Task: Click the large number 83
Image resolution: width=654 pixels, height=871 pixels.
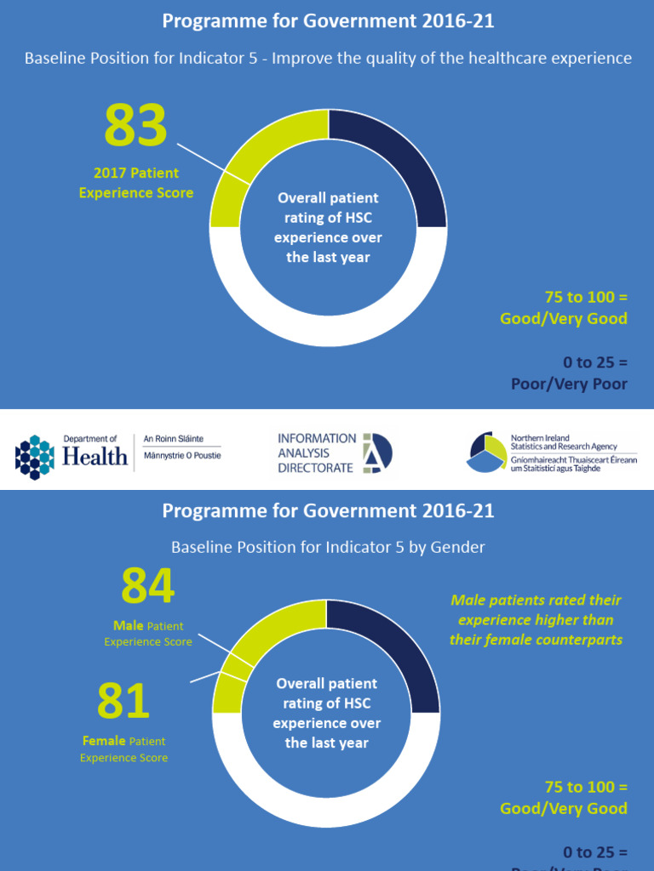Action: coord(135,125)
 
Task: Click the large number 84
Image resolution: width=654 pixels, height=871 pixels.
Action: coord(147,586)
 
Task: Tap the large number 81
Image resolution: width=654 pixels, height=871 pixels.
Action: coord(123,701)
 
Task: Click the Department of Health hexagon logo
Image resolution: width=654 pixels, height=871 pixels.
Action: coord(34,456)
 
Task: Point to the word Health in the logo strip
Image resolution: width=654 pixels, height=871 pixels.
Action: coord(95,457)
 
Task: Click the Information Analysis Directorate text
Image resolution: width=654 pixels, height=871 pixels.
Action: coord(317,453)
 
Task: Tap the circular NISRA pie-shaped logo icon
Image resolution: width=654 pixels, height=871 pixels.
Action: coord(487,452)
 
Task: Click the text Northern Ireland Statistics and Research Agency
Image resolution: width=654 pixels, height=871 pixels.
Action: coord(563,442)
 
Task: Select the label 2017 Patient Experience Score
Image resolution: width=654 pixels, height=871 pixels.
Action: coord(136,183)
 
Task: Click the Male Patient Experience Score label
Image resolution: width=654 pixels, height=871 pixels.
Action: coord(148,634)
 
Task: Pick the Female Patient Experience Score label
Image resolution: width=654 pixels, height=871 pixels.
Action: coord(124,749)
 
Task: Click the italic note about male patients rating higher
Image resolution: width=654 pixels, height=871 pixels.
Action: coord(536,619)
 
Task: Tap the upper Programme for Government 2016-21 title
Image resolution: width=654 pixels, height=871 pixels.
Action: coord(328,21)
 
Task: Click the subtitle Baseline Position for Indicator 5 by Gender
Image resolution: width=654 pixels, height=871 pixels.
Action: coord(328,547)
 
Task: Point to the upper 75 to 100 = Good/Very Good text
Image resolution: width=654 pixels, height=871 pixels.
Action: coord(564,308)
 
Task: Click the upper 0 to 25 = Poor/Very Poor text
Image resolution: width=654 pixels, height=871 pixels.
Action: coord(569,373)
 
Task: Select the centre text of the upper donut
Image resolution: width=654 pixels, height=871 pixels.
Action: coord(328,227)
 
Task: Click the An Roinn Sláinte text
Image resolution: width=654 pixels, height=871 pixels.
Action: coord(173,439)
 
